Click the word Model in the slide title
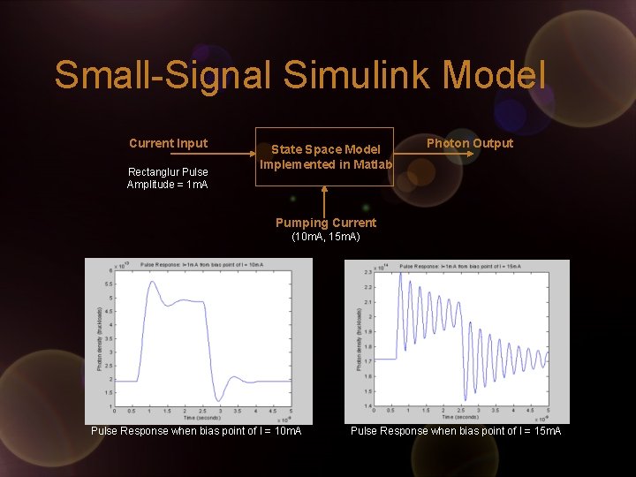[x=496, y=74]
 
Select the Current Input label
[x=168, y=143]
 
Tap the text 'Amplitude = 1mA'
[x=168, y=184]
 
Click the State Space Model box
[x=325, y=157]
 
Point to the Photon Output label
[x=469, y=143]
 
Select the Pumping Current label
[x=325, y=223]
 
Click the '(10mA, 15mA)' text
[x=325, y=237]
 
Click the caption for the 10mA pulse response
[x=196, y=430]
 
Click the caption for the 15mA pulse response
[x=455, y=430]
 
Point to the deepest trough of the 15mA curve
[x=466, y=399]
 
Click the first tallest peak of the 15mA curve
[x=400, y=273]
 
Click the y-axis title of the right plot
[x=360, y=340]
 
